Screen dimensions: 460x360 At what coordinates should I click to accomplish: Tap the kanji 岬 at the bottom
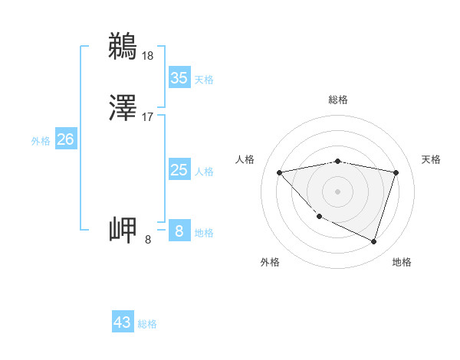[123, 230]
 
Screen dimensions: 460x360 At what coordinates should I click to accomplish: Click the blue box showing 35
[179, 78]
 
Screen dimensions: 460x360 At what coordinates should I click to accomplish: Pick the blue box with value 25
[179, 170]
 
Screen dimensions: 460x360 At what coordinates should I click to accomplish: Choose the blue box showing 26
[65, 139]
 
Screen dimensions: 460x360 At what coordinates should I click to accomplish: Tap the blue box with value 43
[123, 322]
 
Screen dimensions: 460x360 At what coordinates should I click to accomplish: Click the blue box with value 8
[179, 231]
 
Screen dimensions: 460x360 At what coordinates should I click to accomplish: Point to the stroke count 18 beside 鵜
[148, 55]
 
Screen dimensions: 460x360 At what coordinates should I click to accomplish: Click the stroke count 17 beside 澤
[148, 117]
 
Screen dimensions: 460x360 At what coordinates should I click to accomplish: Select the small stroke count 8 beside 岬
[148, 240]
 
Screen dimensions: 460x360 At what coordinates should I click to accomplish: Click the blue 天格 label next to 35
[204, 80]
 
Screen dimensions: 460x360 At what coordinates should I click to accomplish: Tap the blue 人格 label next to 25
[204, 172]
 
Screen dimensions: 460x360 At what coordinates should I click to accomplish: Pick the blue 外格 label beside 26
[41, 141]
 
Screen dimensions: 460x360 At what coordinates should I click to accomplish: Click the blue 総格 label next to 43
[148, 324]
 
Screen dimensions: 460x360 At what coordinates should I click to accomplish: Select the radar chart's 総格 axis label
[338, 100]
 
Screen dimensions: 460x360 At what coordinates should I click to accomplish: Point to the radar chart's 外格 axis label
[270, 262]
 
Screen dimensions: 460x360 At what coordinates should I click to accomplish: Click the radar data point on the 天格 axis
[396, 172]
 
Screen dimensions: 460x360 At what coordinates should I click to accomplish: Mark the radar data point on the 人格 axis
[279, 172]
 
